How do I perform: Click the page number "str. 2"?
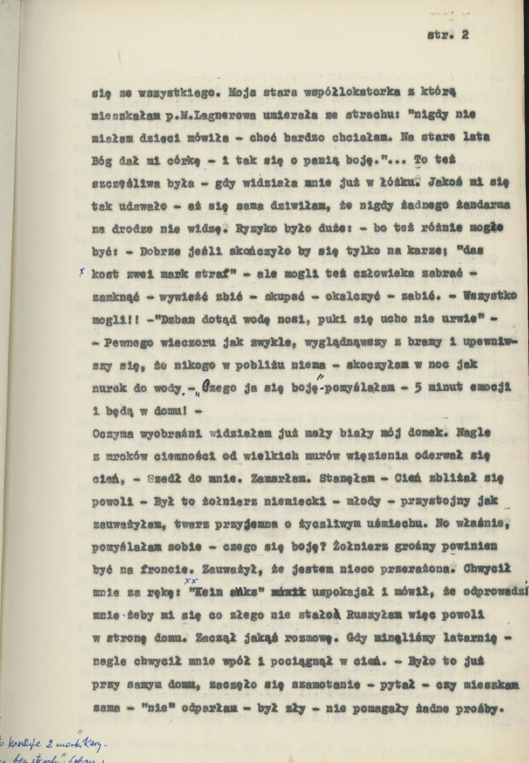pos(448,35)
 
